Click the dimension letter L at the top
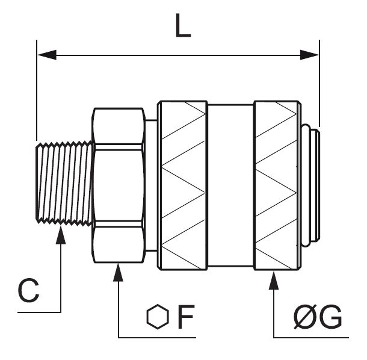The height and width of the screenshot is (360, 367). tap(183, 26)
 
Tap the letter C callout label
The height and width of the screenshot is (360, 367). tap(28, 290)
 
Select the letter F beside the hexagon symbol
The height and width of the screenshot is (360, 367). tap(186, 317)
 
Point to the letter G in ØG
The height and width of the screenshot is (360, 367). tap(330, 317)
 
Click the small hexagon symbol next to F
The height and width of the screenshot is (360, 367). tap(158, 317)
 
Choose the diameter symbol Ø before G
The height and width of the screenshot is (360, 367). tap(306, 317)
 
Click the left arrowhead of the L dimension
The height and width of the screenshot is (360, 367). tap(47, 55)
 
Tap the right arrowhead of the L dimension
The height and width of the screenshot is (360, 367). tap(309, 55)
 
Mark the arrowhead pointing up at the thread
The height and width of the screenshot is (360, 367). tap(61, 235)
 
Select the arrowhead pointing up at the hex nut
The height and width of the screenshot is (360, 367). tap(118, 272)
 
